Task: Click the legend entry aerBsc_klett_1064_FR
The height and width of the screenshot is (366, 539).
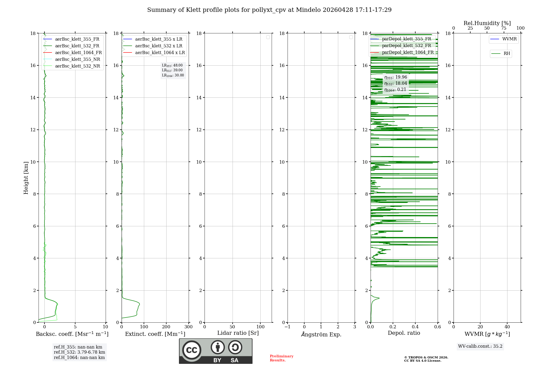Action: coord(78,52)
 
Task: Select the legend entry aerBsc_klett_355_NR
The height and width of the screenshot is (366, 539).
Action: coord(77,59)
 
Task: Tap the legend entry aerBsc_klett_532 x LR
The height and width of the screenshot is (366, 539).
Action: coord(158,46)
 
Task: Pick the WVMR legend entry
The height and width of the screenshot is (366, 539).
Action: coord(509,39)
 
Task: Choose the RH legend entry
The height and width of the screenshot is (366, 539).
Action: coord(506,54)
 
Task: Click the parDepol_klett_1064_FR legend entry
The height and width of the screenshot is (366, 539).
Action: coord(407,52)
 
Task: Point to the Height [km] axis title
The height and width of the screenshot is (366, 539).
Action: coord(26,178)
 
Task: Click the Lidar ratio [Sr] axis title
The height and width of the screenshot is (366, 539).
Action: coord(238,333)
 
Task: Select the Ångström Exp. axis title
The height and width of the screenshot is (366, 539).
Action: coord(321,334)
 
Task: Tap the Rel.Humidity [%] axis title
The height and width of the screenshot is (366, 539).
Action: coord(487,23)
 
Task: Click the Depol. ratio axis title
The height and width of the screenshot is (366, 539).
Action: coord(404,333)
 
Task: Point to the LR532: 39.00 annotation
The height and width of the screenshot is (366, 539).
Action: coord(172,70)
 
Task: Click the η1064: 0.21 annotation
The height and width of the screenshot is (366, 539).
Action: coord(395,90)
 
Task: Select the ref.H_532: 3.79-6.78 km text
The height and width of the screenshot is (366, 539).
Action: coord(79,352)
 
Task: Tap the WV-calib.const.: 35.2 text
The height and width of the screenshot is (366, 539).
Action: coord(480,346)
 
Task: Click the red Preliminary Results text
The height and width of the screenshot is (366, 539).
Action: coord(281,358)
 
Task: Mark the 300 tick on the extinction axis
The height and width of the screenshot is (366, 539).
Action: coord(188,327)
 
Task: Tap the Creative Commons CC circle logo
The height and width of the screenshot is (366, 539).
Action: coord(192,350)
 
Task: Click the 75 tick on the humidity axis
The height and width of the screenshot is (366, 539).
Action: coord(503,28)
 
